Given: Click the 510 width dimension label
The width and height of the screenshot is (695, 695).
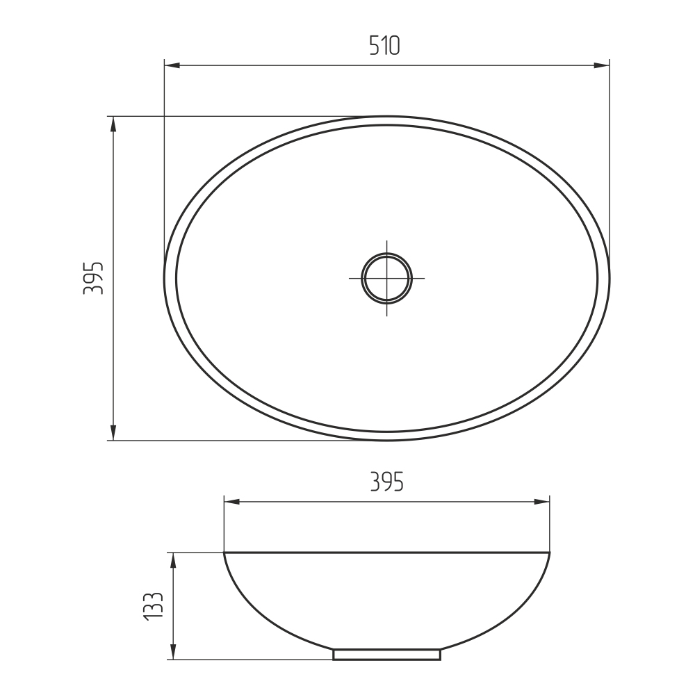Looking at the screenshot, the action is coord(385,46).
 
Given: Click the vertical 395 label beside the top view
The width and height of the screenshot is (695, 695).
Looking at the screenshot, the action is coord(94,279).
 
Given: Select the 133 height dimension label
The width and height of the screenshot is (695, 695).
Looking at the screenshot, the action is coord(154,606).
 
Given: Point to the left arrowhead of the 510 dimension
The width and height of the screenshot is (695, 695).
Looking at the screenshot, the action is coord(172,65).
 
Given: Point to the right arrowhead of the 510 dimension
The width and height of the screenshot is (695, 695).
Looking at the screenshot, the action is coord(601,65).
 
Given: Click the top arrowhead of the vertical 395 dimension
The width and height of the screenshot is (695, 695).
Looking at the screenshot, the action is coord(113,124).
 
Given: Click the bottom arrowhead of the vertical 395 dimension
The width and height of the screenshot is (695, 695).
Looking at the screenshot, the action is coord(113,432).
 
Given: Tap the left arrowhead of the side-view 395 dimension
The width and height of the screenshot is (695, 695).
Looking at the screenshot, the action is coord(232,502).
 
